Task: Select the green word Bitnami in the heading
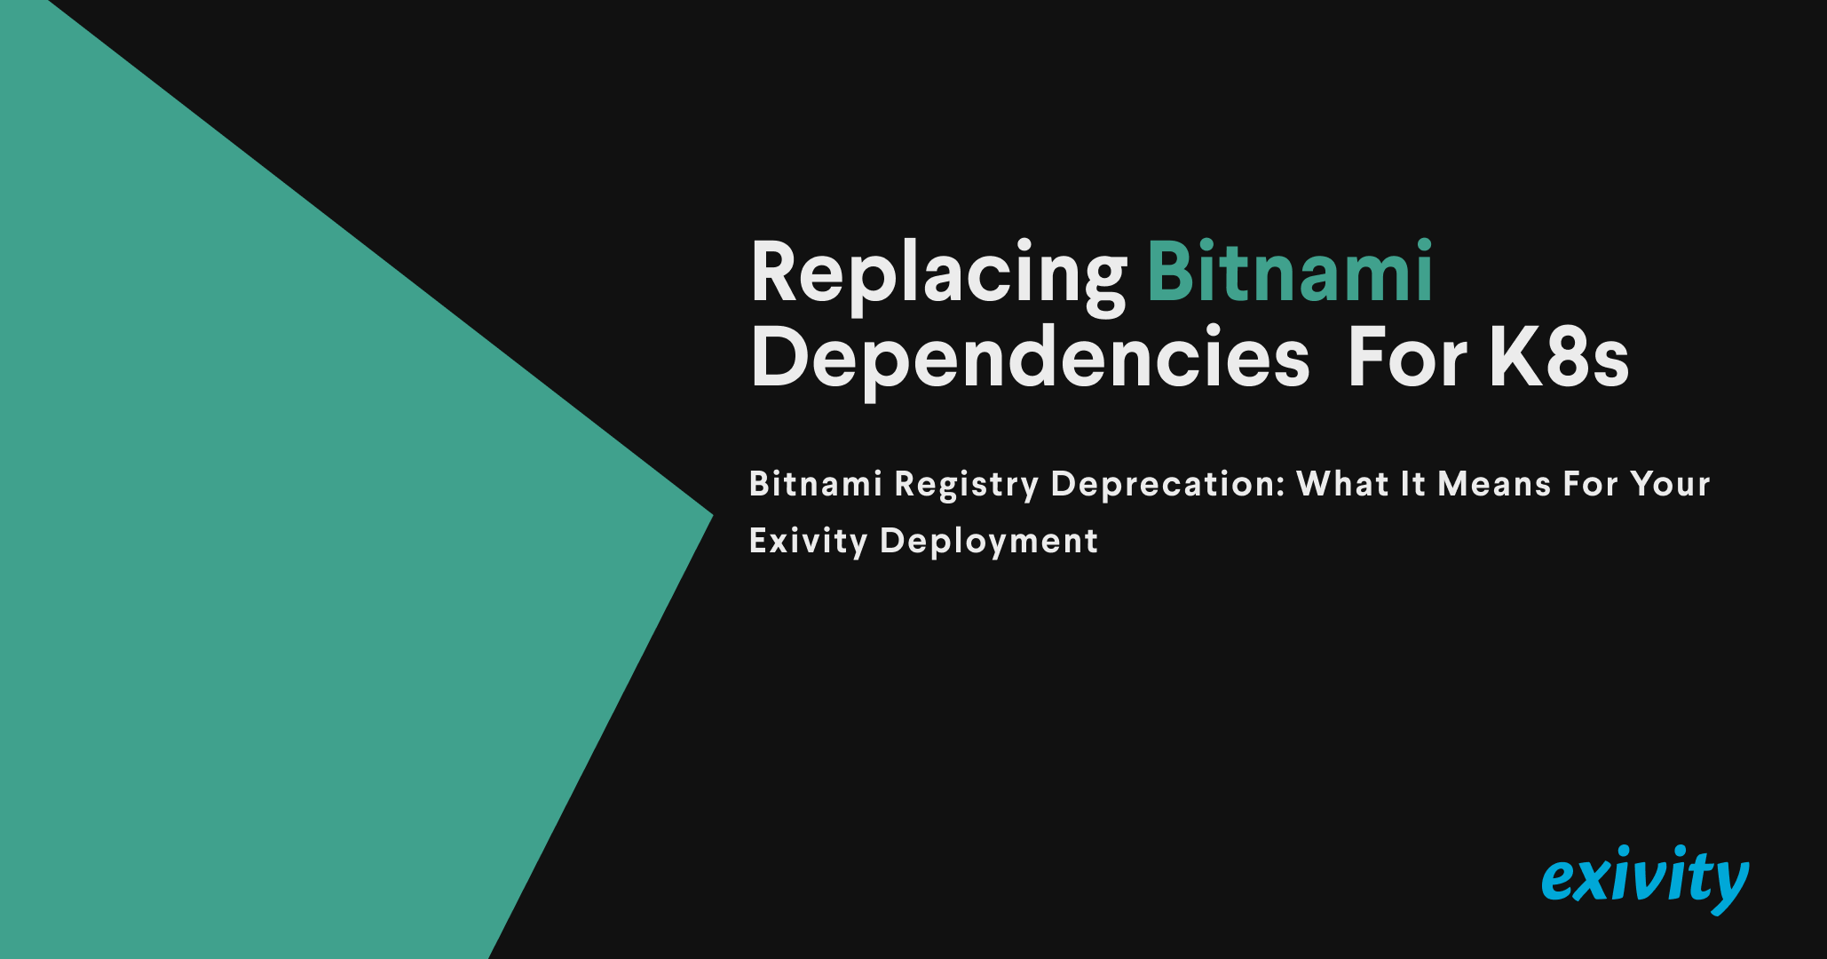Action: point(1290,271)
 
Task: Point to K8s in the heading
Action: point(1560,358)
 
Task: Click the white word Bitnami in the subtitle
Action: point(816,484)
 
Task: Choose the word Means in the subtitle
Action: point(1494,484)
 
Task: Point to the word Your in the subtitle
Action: point(1670,484)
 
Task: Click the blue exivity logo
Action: point(1645,879)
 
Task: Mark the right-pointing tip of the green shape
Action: point(713,514)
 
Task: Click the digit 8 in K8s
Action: point(1571,358)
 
